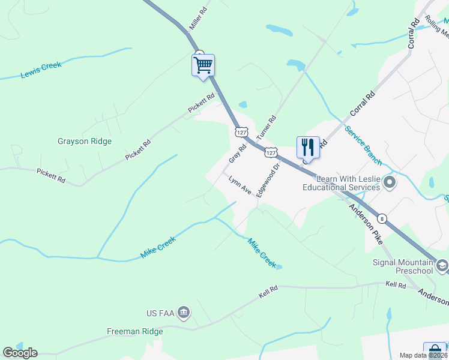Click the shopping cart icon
pyautogui.click(x=203, y=64)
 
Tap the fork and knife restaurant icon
pyautogui.click(x=308, y=146)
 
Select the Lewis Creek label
pyautogui.click(x=41, y=70)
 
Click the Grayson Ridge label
pyautogui.click(x=85, y=142)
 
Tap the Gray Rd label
pyautogui.click(x=238, y=154)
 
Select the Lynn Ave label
pyautogui.click(x=240, y=185)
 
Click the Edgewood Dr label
pyautogui.click(x=268, y=181)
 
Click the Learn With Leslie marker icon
pyautogui.click(x=390, y=181)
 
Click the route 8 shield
pyautogui.click(x=382, y=219)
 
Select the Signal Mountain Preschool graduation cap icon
pyautogui.click(x=442, y=265)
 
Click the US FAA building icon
pyautogui.click(x=184, y=312)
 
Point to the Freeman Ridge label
pyautogui.click(x=135, y=331)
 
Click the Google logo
pyautogui.click(x=20, y=353)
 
